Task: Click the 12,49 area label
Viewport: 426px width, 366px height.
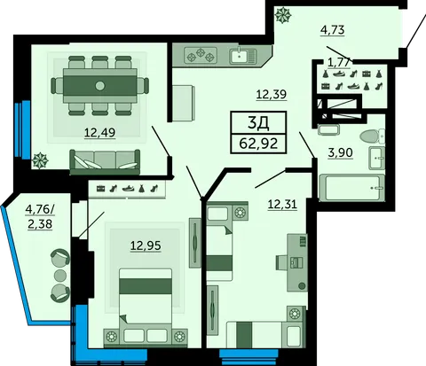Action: pos(99,133)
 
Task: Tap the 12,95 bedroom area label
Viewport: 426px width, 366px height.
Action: pos(146,245)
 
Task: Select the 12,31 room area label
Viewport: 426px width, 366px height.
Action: pos(282,204)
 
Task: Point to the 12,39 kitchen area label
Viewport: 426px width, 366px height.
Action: pos(272,95)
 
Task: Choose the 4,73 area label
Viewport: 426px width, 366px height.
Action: pos(333,30)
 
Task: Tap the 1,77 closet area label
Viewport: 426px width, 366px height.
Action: pos(340,63)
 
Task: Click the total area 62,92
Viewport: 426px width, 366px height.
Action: pos(258,144)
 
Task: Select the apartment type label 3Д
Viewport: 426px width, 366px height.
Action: pos(258,124)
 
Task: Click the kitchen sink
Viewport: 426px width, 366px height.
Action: pos(242,55)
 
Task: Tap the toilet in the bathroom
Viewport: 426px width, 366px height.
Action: pos(372,136)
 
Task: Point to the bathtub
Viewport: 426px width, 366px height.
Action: pos(351,188)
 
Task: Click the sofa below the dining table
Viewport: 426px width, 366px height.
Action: pos(105,162)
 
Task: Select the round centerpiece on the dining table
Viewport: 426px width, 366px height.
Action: pos(100,86)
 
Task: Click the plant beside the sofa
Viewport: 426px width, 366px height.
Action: pos(40,160)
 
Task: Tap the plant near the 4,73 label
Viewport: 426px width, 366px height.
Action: pos(282,15)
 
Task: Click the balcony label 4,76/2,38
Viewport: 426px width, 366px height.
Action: pos(40,217)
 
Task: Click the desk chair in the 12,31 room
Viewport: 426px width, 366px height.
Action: pos(283,262)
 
